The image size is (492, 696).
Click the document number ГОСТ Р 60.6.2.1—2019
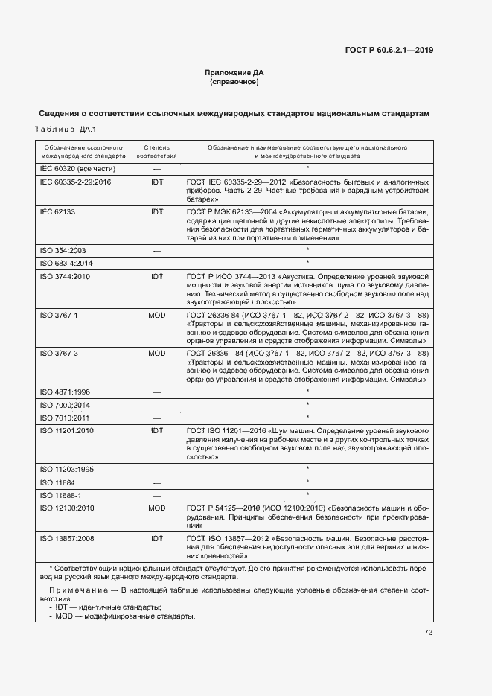(389, 51)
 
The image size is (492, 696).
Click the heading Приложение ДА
(234, 73)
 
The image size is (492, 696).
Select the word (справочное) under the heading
(234, 82)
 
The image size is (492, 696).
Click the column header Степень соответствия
(157, 152)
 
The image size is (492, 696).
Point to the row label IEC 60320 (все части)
(71, 169)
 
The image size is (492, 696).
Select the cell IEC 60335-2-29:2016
(75, 182)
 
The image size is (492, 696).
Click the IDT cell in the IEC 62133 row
(157, 212)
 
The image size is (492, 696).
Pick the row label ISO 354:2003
(63, 251)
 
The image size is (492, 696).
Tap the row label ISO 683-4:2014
(66, 264)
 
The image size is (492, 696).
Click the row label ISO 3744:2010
(65, 276)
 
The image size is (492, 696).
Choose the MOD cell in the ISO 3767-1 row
(157, 316)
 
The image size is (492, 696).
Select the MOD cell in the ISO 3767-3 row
(157, 353)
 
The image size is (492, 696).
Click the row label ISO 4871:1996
(65, 392)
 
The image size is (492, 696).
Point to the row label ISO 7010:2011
(65, 418)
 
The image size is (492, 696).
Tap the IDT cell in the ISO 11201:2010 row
(157, 430)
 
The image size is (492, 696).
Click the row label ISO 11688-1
(60, 494)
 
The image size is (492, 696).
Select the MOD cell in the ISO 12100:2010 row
(157, 508)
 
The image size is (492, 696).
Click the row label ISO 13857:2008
(67, 537)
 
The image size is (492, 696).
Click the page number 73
(428, 633)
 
